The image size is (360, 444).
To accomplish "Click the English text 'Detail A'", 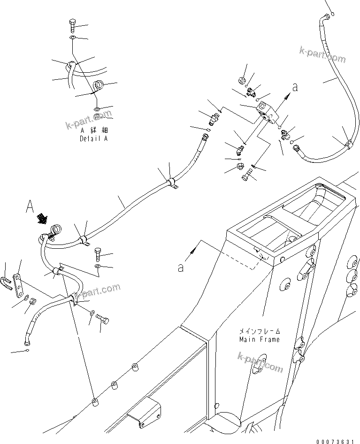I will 93,139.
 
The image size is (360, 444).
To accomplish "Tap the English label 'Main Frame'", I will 259,339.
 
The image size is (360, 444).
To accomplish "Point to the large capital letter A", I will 31,207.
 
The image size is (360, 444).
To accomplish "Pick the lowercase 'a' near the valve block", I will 295,87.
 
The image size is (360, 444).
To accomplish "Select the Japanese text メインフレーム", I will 259,331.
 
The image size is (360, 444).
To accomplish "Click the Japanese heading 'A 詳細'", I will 94,131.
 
